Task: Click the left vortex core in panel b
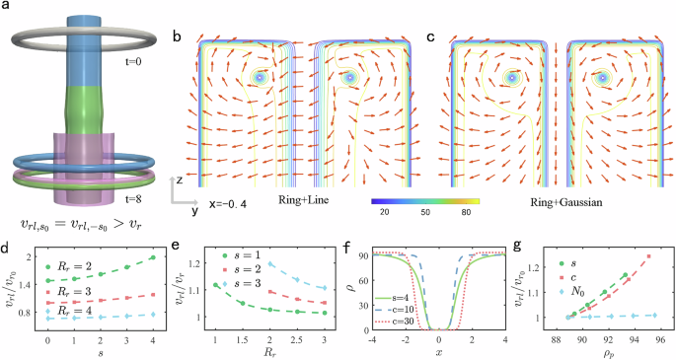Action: pos(260,76)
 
